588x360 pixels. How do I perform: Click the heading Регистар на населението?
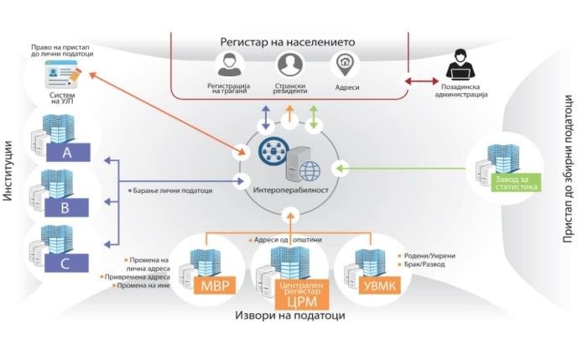(x=289, y=41)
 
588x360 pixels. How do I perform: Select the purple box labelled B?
(x=66, y=208)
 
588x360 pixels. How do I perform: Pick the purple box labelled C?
(x=66, y=263)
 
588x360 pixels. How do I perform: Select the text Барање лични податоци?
(x=172, y=190)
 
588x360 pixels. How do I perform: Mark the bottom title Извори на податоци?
(x=289, y=316)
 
